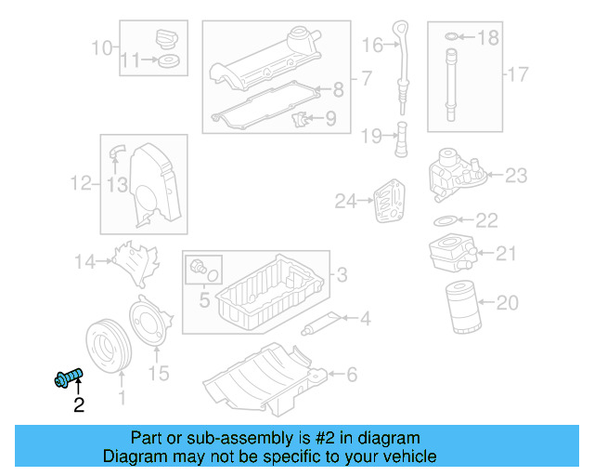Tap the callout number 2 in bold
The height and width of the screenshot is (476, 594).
78,405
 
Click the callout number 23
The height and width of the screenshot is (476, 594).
515,175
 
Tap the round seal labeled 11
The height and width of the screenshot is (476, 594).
169,62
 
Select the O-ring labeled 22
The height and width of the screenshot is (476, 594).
446,221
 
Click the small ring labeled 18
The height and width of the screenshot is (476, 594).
452,36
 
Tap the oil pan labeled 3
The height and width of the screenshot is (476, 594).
265,297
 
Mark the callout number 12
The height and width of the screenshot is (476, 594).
81,184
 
